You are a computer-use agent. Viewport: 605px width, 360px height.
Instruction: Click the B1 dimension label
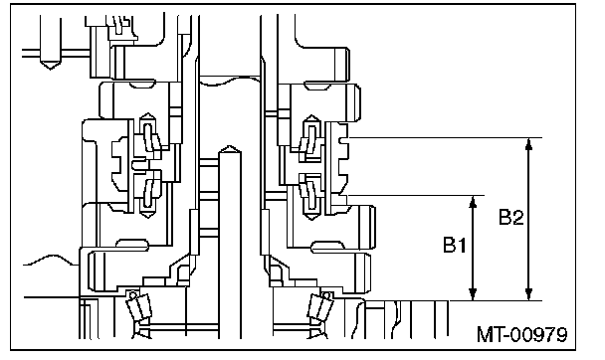coord(455,245)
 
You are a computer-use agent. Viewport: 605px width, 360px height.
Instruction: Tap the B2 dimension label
coord(511,217)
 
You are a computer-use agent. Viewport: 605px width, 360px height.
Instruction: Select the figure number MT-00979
coord(522,334)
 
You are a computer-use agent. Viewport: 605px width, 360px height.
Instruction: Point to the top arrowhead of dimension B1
coord(473,201)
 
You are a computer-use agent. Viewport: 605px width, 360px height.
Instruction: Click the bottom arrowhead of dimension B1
coord(473,294)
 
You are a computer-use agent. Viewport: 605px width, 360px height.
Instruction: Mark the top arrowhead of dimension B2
coord(529,143)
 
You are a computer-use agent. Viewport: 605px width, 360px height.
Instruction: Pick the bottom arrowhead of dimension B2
coord(529,294)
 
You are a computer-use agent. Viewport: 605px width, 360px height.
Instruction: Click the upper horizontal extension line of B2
coord(445,137)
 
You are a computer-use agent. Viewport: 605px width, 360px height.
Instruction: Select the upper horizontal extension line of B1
coord(416,196)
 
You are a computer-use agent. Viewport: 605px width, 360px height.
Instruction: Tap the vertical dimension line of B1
coord(473,248)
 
